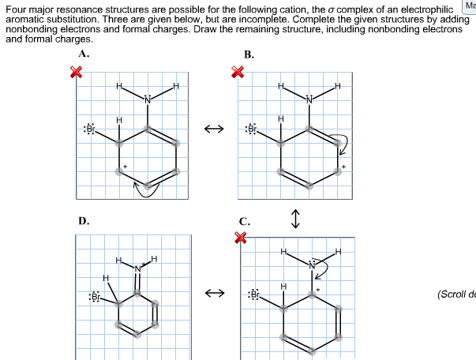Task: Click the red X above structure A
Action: (77, 73)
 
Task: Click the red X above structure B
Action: (238, 73)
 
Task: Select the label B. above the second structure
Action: (249, 54)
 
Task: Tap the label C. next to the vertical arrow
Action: (245, 223)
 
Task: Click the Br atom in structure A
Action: (90, 129)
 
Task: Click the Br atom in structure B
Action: (253, 129)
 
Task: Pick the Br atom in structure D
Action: (95, 297)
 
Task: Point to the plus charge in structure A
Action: (124, 167)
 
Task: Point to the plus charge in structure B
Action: (343, 167)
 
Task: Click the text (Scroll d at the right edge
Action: (455, 294)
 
